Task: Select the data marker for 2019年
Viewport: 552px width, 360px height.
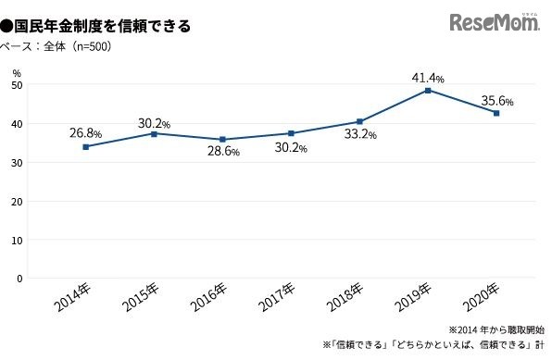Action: click(427, 91)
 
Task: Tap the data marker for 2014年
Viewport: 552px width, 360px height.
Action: click(86, 146)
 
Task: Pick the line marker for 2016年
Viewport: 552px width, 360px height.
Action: click(222, 140)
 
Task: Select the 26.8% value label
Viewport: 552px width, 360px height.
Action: click(85, 133)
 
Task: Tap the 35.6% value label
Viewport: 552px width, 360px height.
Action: click(497, 101)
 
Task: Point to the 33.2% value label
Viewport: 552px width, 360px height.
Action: click(359, 134)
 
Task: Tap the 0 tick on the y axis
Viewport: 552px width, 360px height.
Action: click(19, 278)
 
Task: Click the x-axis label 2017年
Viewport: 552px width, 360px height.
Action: click(277, 301)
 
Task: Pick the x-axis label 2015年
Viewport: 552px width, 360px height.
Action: click(140, 301)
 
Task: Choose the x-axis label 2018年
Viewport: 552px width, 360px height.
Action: click(345, 301)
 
